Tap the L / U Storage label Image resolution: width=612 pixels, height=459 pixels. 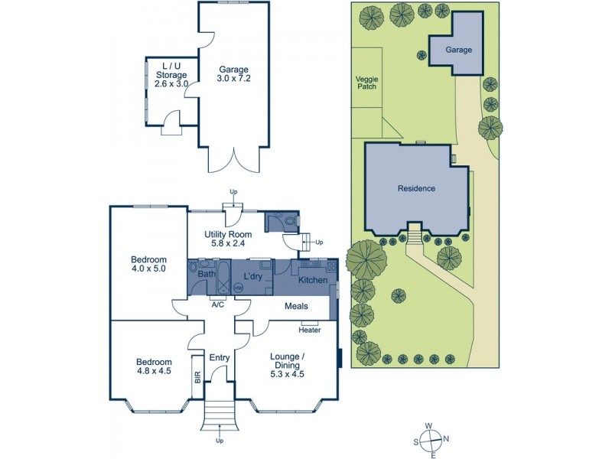pyautogui.click(x=166, y=74)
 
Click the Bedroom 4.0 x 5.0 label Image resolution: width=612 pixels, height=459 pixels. pyautogui.click(x=148, y=264)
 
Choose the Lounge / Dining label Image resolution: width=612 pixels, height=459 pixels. pyautogui.click(x=288, y=361)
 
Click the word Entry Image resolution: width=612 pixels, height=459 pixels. pyautogui.click(x=219, y=357)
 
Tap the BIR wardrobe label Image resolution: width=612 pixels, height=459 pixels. pyautogui.click(x=197, y=377)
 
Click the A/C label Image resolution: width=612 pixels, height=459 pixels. pyautogui.click(x=218, y=304)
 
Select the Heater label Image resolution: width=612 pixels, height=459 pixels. pyautogui.click(x=310, y=330)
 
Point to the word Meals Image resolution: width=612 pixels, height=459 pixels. pyautogui.click(x=296, y=306)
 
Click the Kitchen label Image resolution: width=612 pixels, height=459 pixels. pyautogui.click(x=313, y=281)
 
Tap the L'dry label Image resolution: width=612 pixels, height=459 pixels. pyautogui.click(x=253, y=275)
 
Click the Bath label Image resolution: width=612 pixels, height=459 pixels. pyautogui.click(x=207, y=274)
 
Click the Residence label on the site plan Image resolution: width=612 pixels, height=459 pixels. pyautogui.click(x=416, y=188)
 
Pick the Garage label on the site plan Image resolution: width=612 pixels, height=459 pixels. pyautogui.click(x=459, y=50)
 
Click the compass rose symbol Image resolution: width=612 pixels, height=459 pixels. pyautogui.click(x=432, y=440)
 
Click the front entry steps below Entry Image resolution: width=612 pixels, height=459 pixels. pyautogui.click(x=219, y=417)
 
